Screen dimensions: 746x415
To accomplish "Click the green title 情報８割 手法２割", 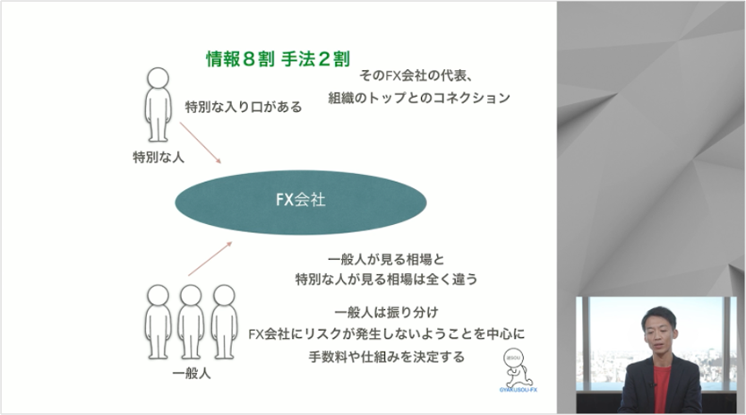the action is click(x=278, y=59).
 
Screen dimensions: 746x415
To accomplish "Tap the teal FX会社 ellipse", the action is click(x=301, y=203).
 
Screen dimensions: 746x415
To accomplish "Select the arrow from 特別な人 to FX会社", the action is click(x=201, y=143).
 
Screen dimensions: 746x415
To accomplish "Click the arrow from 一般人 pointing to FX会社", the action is click(x=210, y=258).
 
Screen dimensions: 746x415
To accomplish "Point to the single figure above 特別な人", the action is click(x=158, y=104).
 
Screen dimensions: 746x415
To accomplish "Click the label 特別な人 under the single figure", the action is click(x=159, y=157).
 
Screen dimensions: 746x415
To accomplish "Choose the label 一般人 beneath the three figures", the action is click(x=192, y=373).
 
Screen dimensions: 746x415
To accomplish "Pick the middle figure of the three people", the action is click(x=191, y=322).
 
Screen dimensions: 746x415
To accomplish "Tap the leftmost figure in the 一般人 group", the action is click(x=158, y=322).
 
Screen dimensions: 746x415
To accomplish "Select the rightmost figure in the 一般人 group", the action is click(x=224, y=322).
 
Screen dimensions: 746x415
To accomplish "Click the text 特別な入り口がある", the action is click(x=244, y=107).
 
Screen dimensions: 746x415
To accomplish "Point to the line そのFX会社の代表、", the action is click(x=416, y=75).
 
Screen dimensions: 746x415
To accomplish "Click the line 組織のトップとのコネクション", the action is click(x=419, y=98).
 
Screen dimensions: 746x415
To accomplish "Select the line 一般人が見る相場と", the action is click(x=386, y=259).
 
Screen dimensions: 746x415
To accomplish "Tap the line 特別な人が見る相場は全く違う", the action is click(x=386, y=279).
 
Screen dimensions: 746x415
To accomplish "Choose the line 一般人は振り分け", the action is click(x=386, y=312).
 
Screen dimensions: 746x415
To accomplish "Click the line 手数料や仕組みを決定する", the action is click(x=386, y=357).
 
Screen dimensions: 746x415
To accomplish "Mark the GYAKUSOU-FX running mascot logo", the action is click(x=518, y=371).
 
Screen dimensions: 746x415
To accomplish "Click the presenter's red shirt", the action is click(x=661, y=388).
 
